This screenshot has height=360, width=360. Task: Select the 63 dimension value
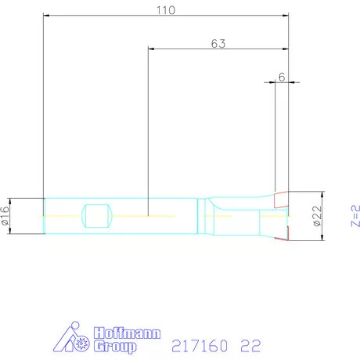(x=218, y=44)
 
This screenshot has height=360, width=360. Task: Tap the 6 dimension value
(x=282, y=78)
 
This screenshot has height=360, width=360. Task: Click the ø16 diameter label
(x=5, y=216)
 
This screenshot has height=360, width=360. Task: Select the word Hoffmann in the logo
(x=127, y=333)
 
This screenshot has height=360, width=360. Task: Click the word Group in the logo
(x=115, y=345)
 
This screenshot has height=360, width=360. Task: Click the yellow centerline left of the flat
(x=63, y=215)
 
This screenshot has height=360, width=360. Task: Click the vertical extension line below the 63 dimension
(x=149, y=125)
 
